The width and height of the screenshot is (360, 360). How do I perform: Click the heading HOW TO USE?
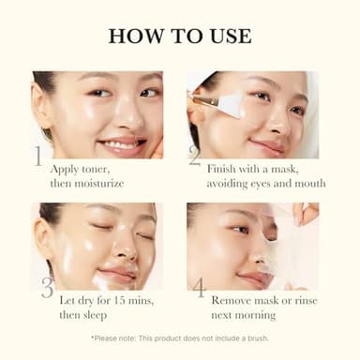click(180, 36)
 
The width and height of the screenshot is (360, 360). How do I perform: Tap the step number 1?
click(38, 156)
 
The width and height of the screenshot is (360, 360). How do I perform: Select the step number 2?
click(195, 155)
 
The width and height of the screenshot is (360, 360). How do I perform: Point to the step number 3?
click(46, 287)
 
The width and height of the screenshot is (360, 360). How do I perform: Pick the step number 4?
click(199, 287)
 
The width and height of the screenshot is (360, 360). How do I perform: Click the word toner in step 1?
click(96, 168)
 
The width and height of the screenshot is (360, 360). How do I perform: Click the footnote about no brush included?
click(180, 338)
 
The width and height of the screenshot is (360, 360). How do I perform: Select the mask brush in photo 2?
click(218, 100)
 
